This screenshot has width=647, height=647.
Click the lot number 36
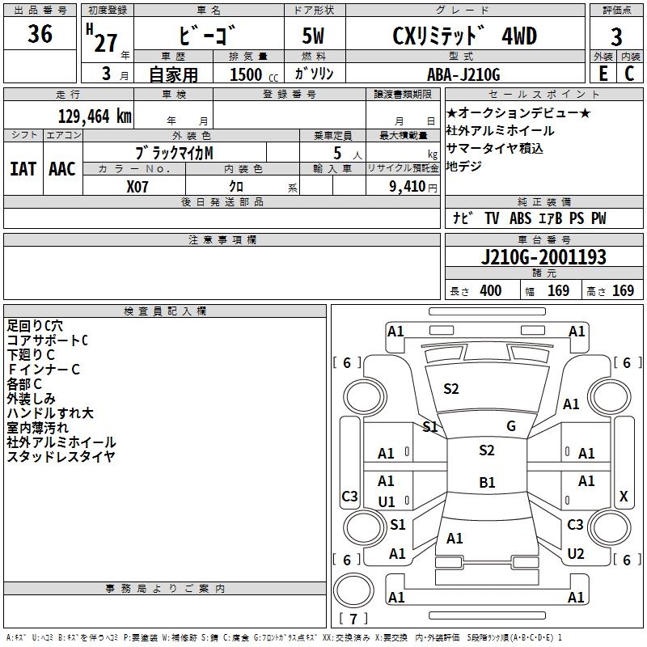coord(40,35)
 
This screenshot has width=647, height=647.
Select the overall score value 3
coord(616,36)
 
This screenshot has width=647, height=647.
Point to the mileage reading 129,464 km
coord(95,116)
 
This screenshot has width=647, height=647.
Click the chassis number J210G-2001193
coord(543,257)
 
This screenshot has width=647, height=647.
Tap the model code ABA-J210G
coord(463,74)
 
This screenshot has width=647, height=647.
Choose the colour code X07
coord(138,185)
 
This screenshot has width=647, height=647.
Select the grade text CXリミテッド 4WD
coord(464,36)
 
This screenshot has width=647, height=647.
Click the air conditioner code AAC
coord(61,168)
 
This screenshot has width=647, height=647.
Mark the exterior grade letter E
coord(602,74)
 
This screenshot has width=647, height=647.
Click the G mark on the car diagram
coord(511,426)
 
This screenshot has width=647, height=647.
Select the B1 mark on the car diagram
coord(487,483)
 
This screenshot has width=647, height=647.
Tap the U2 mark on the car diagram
coord(576,554)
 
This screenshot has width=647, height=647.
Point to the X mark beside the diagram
coord(624,497)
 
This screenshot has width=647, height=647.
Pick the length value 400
coord(490,290)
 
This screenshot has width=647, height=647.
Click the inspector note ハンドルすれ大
coord(50,413)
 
